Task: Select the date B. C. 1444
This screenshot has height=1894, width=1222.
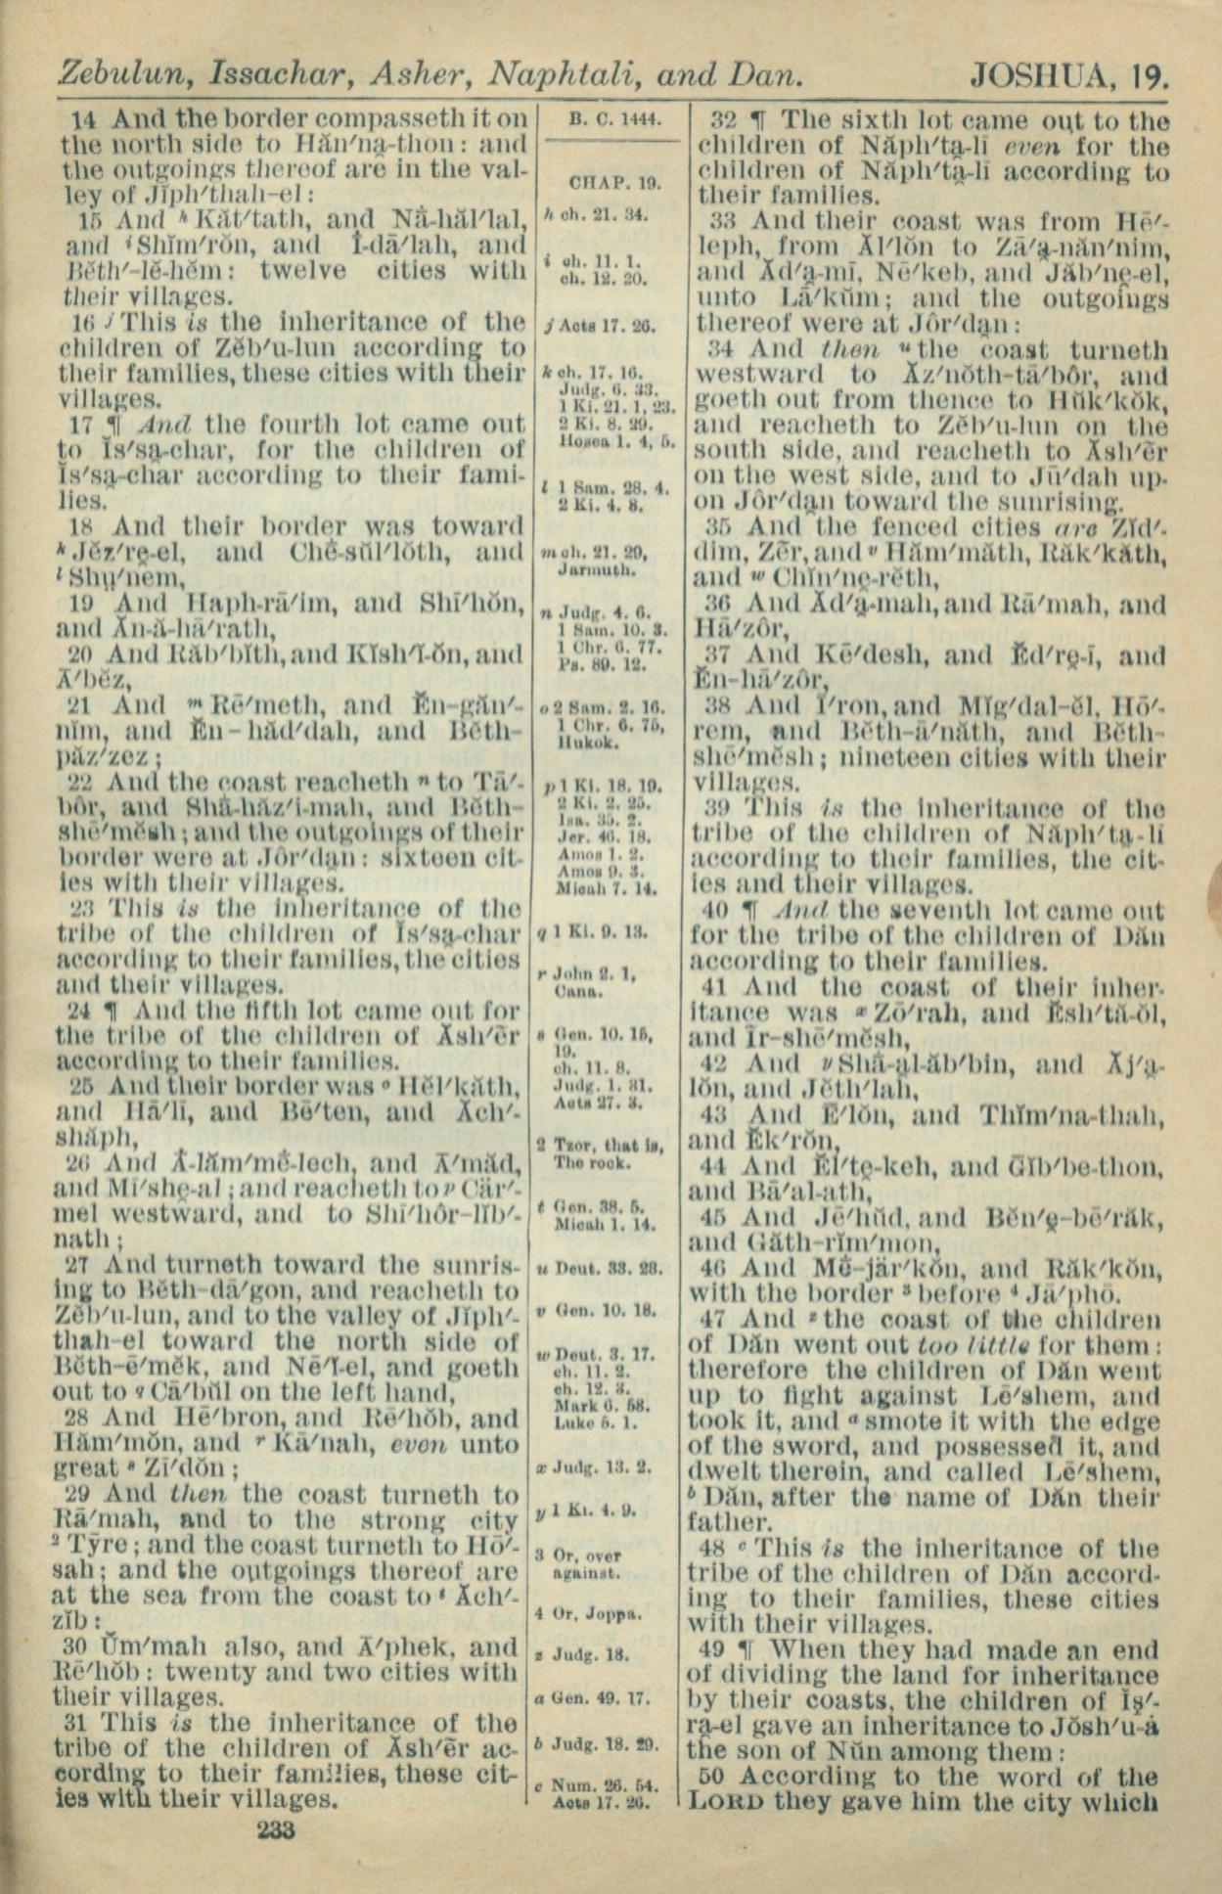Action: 613,120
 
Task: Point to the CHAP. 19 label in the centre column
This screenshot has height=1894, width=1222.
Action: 613,183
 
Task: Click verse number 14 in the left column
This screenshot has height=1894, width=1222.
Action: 85,120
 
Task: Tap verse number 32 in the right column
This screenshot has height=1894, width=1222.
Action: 723,121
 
